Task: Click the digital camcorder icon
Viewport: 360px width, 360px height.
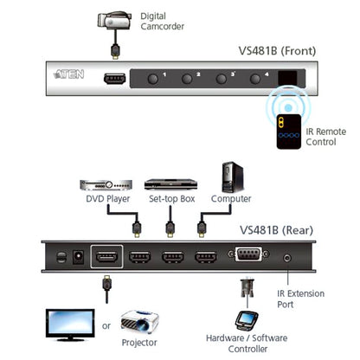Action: point(114,22)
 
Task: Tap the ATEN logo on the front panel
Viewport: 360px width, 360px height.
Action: point(68,74)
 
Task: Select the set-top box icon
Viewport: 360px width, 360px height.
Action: point(165,184)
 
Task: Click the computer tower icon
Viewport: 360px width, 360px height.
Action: point(232,177)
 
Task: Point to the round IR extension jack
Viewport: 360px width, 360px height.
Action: point(286,257)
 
